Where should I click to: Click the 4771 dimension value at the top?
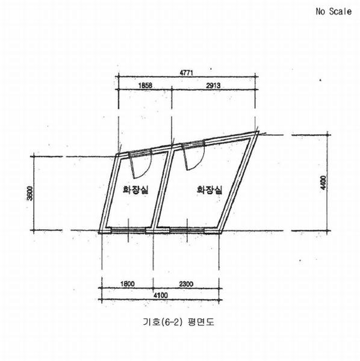[186, 73]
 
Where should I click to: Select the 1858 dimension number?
[145, 85]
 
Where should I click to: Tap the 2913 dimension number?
[213, 85]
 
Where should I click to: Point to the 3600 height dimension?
[30, 193]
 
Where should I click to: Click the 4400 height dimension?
[323, 183]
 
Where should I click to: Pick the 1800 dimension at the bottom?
[128, 283]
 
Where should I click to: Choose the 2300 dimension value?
[186, 284]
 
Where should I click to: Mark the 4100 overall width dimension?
[161, 295]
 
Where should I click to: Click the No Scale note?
[334, 11]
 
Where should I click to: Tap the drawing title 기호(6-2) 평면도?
[179, 322]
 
